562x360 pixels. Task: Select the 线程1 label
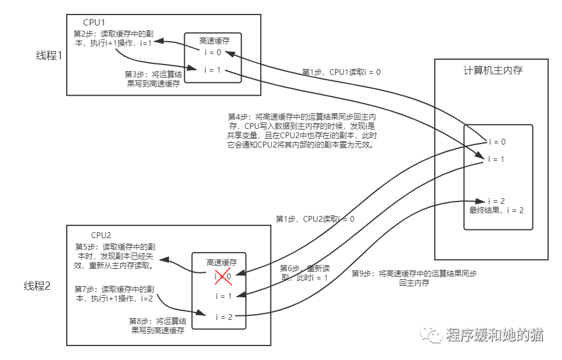click(x=49, y=56)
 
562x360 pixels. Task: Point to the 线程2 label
click(x=38, y=286)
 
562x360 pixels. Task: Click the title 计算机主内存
click(x=493, y=71)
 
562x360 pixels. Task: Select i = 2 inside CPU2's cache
click(x=224, y=317)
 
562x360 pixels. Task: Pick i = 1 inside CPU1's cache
click(x=212, y=70)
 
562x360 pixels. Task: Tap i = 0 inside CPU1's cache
click(x=212, y=52)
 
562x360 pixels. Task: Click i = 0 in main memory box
click(x=496, y=142)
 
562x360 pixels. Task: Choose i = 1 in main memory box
click(x=496, y=159)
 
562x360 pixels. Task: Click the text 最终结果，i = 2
click(x=496, y=210)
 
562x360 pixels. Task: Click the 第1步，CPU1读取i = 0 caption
click(x=341, y=73)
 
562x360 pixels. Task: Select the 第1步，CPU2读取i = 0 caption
click(x=315, y=219)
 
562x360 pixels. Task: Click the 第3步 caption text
click(x=153, y=79)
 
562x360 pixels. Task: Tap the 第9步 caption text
click(x=414, y=278)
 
